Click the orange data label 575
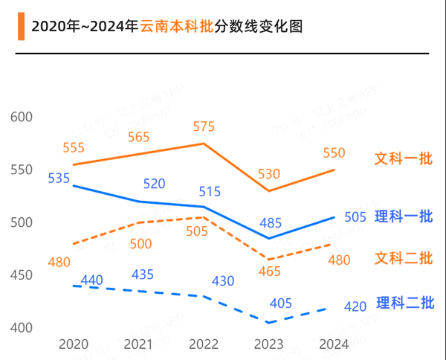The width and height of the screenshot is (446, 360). (x=204, y=126)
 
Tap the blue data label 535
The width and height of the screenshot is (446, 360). (x=59, y=179)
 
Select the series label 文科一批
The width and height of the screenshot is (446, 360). (x=403, y=159)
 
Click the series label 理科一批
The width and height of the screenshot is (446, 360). (x=403, y=216)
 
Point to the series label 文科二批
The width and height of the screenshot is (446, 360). (x=403, y=259)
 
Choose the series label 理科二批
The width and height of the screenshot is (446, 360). (x=403, y=303)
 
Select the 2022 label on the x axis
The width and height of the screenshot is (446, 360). (x=204, y=344)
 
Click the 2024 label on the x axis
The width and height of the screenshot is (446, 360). (x=334, y=344)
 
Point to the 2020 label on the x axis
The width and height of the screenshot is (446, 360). (x=73, y=344)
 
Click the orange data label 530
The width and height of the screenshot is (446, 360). (x=269, y=174)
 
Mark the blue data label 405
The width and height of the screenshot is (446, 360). (x=280, y=303)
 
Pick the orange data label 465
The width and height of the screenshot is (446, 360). (x=269, y=271)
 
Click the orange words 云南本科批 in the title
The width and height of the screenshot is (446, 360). (x=175, y=28)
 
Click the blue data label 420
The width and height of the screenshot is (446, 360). (x=355, y=306)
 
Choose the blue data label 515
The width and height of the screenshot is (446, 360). (x=210, y=192)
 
